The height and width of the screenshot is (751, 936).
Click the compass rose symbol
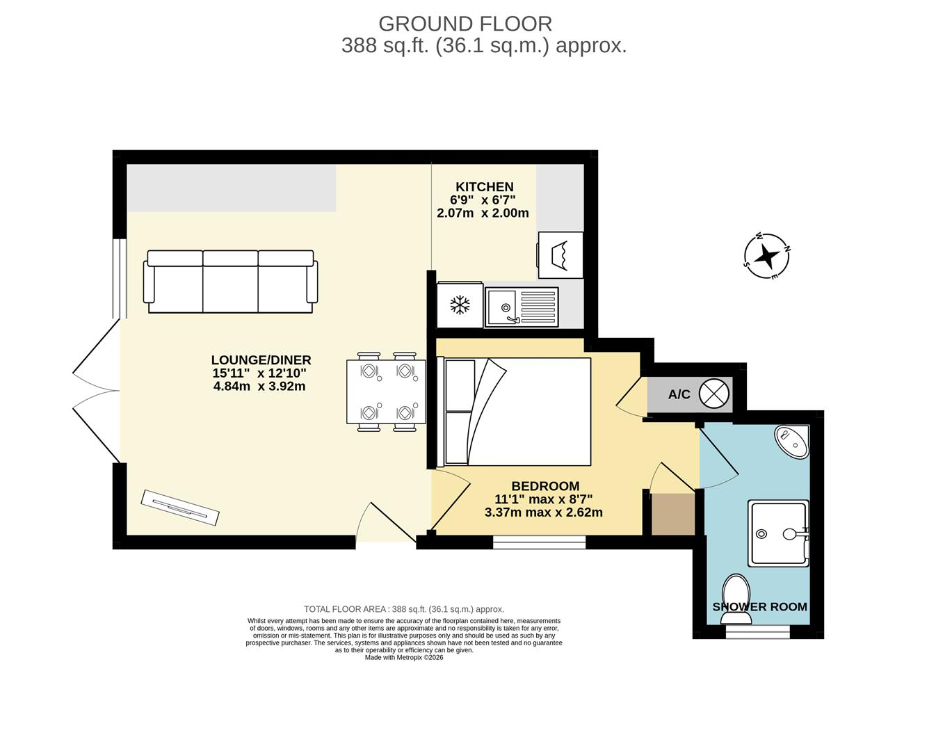click(x=767, y=257)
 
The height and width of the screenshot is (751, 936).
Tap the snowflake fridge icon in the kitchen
click(x=460, y=305)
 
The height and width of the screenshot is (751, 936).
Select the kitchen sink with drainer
click(x=522, y=307)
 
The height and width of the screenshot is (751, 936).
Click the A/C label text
click(x=679, y=394)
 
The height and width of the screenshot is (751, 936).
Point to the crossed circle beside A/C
click(x=713, y=394)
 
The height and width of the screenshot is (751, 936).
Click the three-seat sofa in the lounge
click(x=230, y=282)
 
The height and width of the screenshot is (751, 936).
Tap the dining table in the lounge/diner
click(x=386, y=391)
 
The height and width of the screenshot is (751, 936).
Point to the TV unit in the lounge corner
click(x=180, y=508)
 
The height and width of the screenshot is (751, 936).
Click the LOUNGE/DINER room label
click(x=261, y=360)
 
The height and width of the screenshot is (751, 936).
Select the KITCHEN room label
click(x=485, y=186)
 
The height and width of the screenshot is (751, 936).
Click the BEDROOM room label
click(x=545, y=486)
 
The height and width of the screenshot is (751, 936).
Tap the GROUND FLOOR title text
click(x=465, y=24)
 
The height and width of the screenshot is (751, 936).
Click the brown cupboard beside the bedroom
click(x=673, y=514)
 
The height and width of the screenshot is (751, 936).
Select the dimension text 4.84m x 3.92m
click(x=259, y=386)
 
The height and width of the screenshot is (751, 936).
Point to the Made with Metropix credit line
click(x=404, y=657)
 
